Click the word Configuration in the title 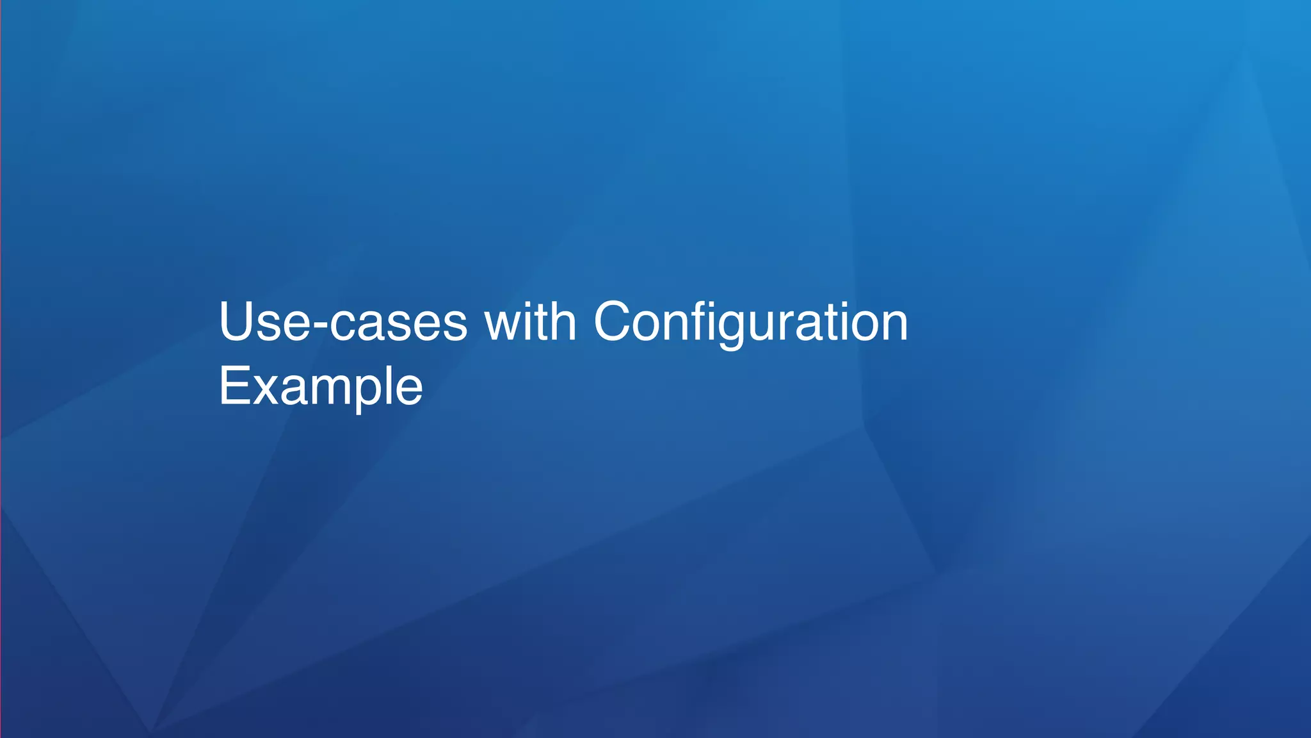(x=750, y=322)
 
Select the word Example (x=321, y=386)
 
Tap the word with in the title (x=530, y=322)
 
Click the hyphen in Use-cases (x=319, y=325)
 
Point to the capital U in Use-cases (x=238, y=322)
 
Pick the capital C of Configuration (x=616, y=322)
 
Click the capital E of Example (x=233, y=386)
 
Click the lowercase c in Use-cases (x=343, y=325)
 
